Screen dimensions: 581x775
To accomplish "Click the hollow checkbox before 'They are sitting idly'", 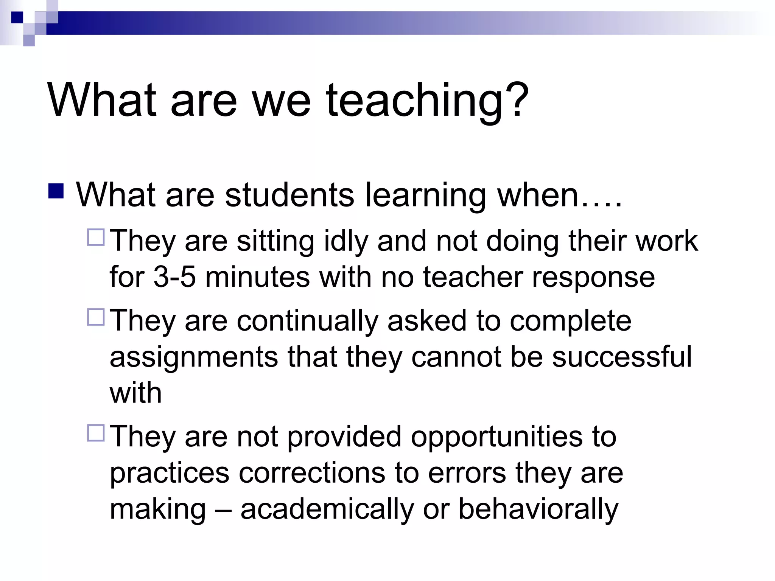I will coord(96,237).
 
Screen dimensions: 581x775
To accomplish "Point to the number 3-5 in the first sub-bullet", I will coord(174,277).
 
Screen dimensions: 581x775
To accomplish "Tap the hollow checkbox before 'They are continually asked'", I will coord(96,317).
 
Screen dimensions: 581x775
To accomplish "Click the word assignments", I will coord(194,357).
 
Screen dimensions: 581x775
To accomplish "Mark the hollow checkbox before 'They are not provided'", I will coord(96,433).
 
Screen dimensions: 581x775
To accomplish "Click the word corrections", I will coord(312,473).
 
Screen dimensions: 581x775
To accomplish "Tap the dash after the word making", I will coord(223,510).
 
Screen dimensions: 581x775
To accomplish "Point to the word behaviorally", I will coord(538,510).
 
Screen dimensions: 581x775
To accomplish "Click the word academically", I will coord(327,510).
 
